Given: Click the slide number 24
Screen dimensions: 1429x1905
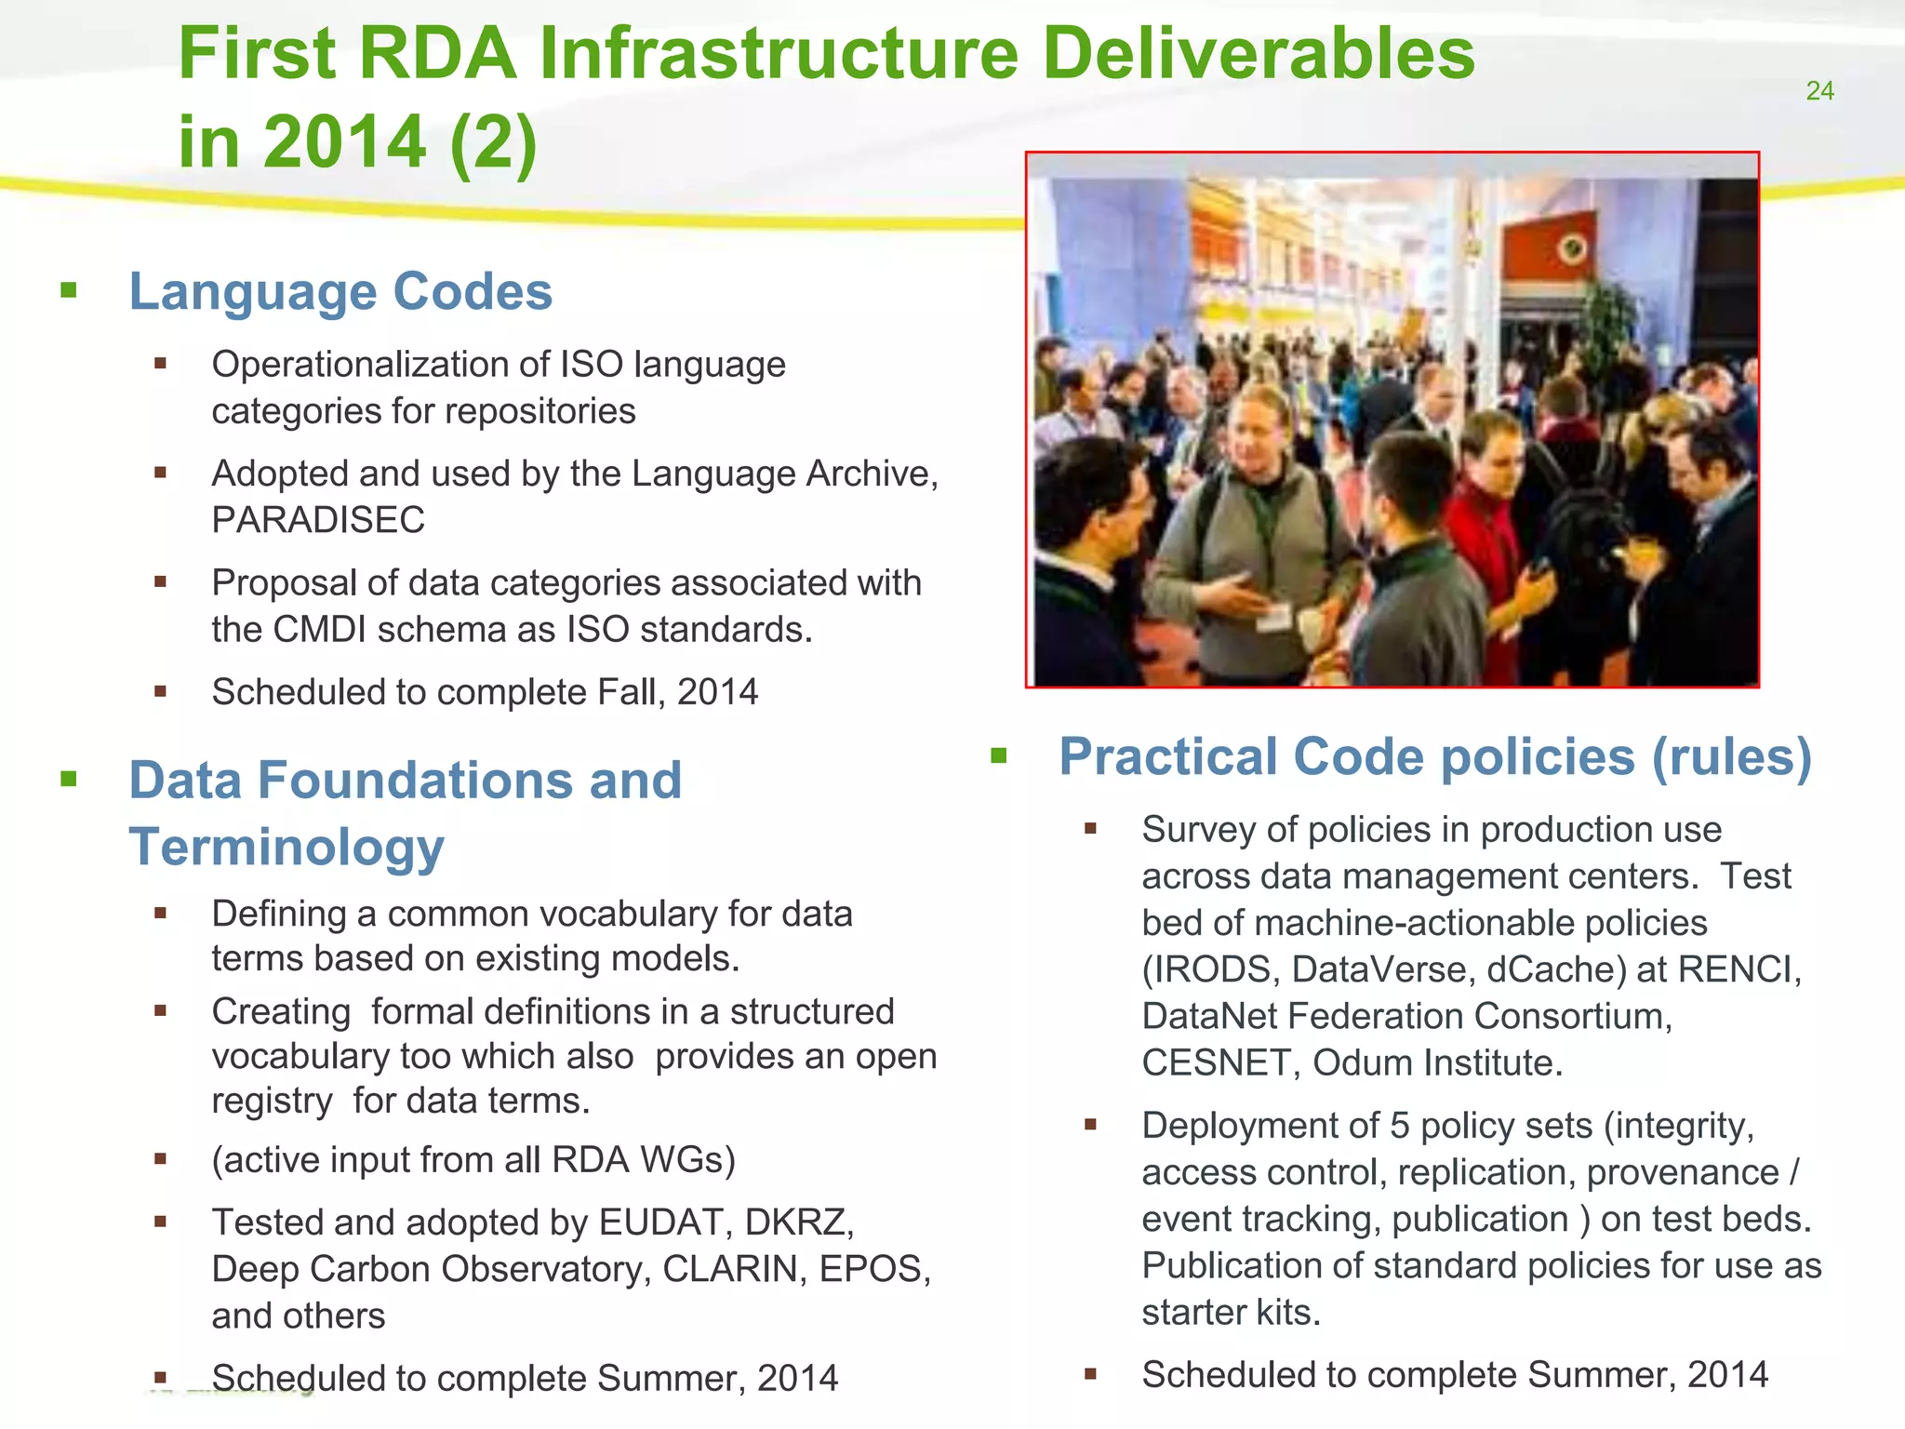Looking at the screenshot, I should click(1818, 91).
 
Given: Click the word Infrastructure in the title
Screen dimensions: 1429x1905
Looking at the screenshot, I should click(779, 53).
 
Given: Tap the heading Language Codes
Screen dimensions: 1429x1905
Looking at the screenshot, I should click(340, 291).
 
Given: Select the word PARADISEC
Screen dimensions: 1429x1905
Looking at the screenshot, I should click(318, 520).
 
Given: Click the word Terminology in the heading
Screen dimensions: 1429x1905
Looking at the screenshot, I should click(286, 848).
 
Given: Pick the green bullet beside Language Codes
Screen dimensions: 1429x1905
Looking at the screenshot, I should click(69, 290).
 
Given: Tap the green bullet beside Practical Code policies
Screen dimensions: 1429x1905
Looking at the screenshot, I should click(999, 755).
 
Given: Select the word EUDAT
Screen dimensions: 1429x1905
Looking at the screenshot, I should click(661, 1222).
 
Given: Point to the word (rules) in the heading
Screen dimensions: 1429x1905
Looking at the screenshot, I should click(1731, 756).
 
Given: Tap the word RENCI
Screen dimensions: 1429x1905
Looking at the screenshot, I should click(1738, 969).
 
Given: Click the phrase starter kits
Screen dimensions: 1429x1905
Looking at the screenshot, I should click(1231, 1313).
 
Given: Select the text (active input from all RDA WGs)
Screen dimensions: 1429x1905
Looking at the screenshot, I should click(473, 1160).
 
